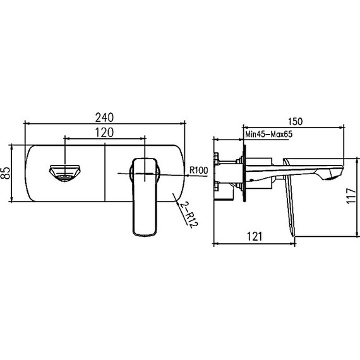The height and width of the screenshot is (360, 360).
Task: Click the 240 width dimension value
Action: (x=104, y=117)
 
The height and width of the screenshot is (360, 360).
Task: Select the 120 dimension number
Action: (x=104, y=133)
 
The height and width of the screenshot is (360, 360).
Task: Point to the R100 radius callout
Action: (x=198, y=170)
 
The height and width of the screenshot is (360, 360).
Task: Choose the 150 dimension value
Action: (x=295, y=121)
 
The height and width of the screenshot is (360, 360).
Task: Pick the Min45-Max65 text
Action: (x=269, y=134)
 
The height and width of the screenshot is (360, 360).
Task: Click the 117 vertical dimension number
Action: (x=351, y=196)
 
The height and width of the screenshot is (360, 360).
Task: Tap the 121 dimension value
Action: (x=255, y=236)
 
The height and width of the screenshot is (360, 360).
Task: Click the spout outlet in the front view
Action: (x=65, y=173)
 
